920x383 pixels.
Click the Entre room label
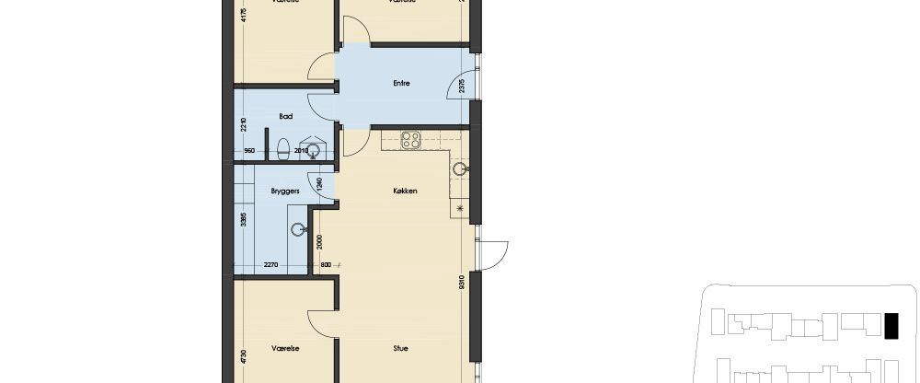tap(400, 84)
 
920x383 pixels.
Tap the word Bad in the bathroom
tap(285, 117)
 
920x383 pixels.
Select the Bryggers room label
tap(282, 191)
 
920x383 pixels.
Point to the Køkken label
tap(406, 191)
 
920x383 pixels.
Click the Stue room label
tap(400, 350)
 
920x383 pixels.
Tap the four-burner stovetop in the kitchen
tap(410, 141)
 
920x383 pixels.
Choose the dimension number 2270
tap(271, 265)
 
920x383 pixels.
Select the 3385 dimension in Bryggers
tap(243, 221)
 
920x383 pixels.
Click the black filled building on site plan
tap(891, 326)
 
